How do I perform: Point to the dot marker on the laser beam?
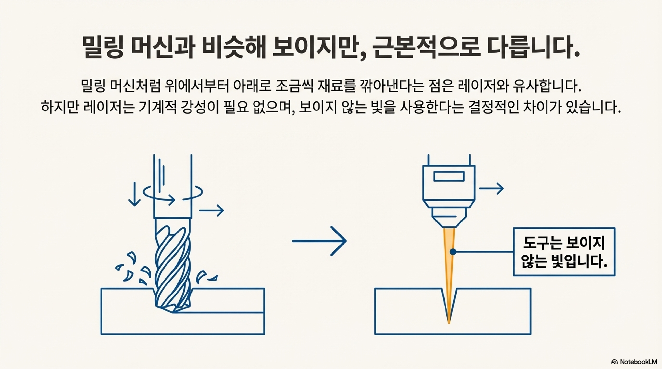[453, 252]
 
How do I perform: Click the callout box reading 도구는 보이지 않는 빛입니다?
[564, 252]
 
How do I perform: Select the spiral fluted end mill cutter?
[173, 267]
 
